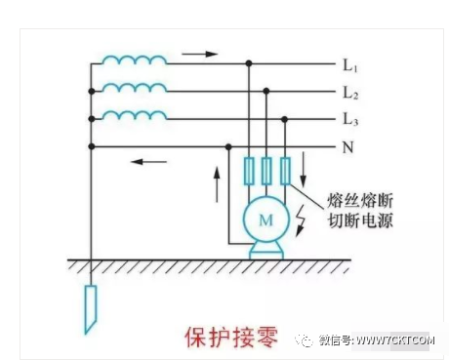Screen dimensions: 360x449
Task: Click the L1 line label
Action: pos(350,66)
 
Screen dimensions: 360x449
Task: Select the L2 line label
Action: pos(350,93)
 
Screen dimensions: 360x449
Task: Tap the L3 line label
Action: pos(350,119)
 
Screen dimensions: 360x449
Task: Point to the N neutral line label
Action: pos(347,147)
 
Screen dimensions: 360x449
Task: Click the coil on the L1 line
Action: pos(135,60)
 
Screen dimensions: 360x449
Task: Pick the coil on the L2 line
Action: pos(135,88)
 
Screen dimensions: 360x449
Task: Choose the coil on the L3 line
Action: pos(135,115)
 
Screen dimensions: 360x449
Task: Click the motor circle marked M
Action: pos(265,221)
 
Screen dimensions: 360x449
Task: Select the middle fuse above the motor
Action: pos(266,171)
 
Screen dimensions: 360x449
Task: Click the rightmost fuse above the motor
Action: pos(285,171)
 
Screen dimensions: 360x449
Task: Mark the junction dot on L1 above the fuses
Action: pos(248,64)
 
